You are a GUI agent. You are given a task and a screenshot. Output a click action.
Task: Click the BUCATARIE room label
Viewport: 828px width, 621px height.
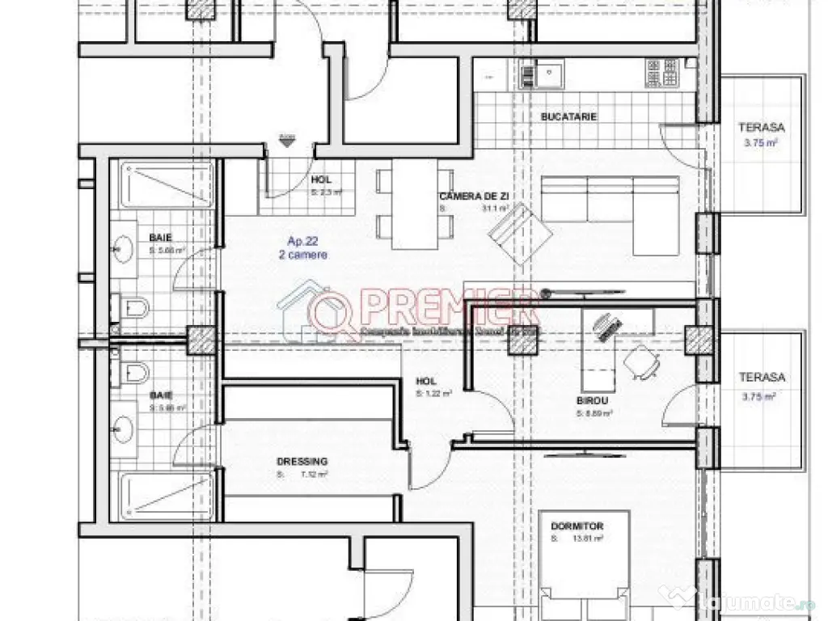coord(568,116)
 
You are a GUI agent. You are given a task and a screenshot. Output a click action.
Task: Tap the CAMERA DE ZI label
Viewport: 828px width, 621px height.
coord(473,196)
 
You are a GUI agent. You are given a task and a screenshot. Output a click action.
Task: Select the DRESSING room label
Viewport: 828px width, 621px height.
coord(302,462)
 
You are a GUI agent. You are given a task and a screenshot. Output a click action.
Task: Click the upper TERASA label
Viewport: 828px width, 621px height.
coord(762,128)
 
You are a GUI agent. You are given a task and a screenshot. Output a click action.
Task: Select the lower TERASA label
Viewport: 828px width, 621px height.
coord(762,377)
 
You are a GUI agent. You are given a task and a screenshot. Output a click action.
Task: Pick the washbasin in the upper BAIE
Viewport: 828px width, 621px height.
coord(123,249)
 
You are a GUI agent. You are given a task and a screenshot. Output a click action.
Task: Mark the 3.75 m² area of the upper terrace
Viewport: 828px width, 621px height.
coord(762,143)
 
